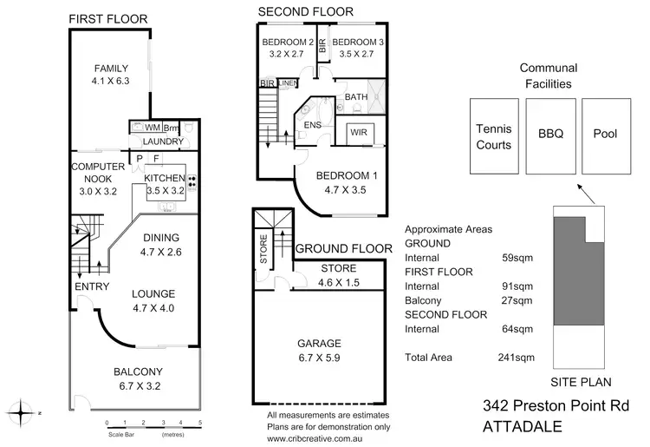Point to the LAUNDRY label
click(x=162, y=141)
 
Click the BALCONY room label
click(x=137, y=372)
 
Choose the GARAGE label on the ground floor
click(x=320, y=343)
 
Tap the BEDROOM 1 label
click(x=344, y=174)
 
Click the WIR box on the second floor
click(x=359, y=134)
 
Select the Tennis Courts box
click(x=494, y=135)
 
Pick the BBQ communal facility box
click(x=550, y=135)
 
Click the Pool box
click(x=604, y=135)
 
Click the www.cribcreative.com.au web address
click(x=327, y=437)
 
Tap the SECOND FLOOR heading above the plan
click(x=305, y=11)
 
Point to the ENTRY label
click(x=92, y=287)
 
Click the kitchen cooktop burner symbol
click(x=192, y=184)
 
